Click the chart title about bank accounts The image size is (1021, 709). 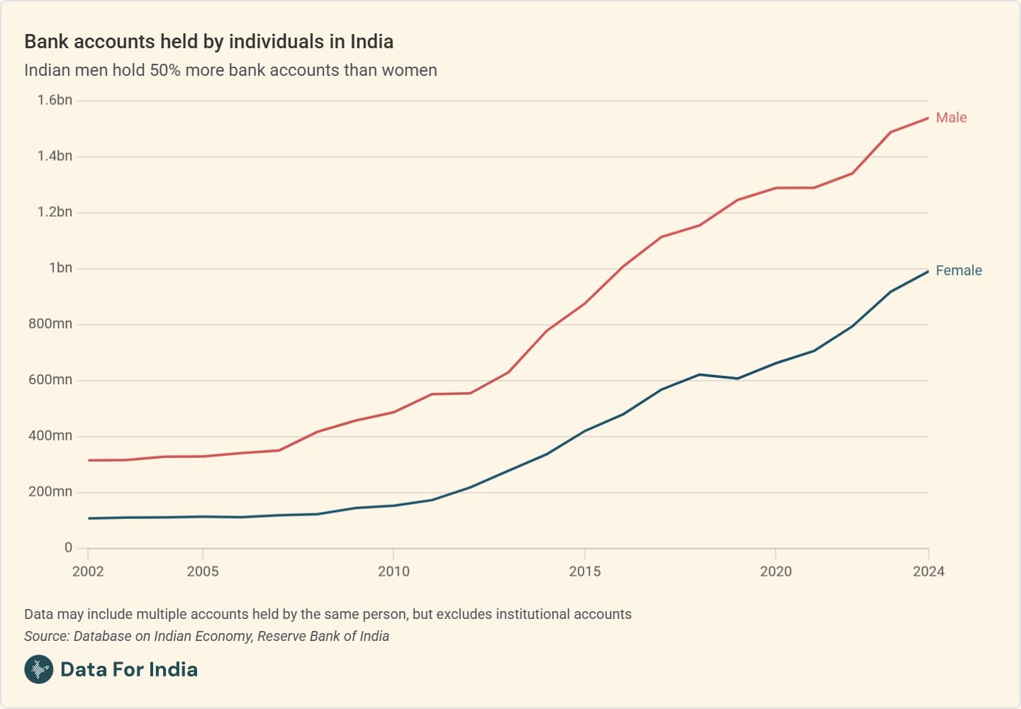pos(208,41)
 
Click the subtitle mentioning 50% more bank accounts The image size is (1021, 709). pos(230,70)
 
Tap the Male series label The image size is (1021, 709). pos(951,118)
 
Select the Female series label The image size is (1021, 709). pos(959,270)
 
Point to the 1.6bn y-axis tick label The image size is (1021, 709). pos(55,100)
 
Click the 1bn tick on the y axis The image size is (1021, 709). pos(60,268)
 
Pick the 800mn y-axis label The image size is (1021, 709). pos(50,324)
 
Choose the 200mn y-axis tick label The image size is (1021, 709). pos(50,492)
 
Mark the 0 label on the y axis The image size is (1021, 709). pos(68,547)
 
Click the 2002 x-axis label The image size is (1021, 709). pos(88,571)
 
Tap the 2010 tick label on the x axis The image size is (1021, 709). pos(394,571)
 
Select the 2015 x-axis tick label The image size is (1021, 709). pos(584,571)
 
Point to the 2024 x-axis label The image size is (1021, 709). pos(928,571)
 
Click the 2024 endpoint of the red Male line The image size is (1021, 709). pos(928,118)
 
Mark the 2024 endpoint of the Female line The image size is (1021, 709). pos(928,272)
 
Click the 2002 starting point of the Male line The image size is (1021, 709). pos(89,460)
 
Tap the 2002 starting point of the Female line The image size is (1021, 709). pos(89,518)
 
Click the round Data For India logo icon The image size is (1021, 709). pos(39,669)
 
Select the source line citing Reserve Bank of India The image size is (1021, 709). pos(206,636)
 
